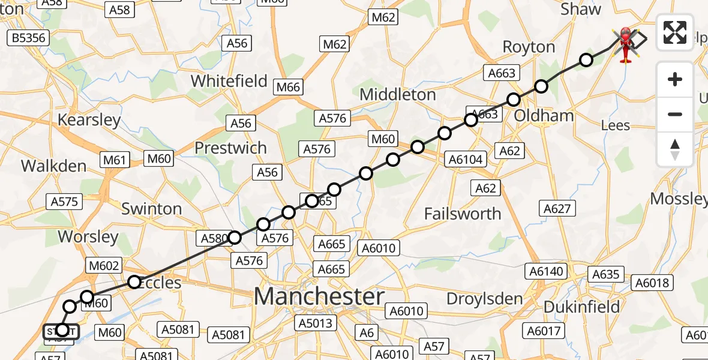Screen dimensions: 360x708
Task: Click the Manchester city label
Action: point(319,296)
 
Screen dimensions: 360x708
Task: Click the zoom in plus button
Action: point(675,79)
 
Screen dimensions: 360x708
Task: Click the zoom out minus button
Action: point(675,114)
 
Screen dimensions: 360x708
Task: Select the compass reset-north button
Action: point(675,149)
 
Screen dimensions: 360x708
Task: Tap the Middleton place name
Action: point(398,94)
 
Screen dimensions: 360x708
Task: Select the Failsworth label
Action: point(462,214)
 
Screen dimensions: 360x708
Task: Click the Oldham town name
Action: point(544,115)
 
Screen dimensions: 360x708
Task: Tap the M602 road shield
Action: point(104,265)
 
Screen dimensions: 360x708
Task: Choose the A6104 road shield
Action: point(466,159)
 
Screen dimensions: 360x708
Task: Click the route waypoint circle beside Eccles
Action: point(134,281)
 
